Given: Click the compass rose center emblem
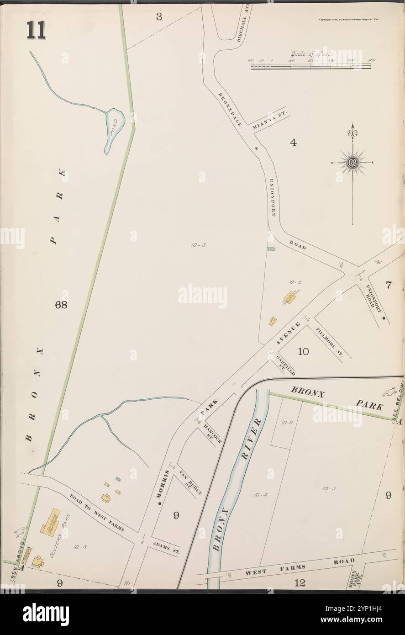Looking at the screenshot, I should (353, 163).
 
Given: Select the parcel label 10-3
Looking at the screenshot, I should (200, 245).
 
